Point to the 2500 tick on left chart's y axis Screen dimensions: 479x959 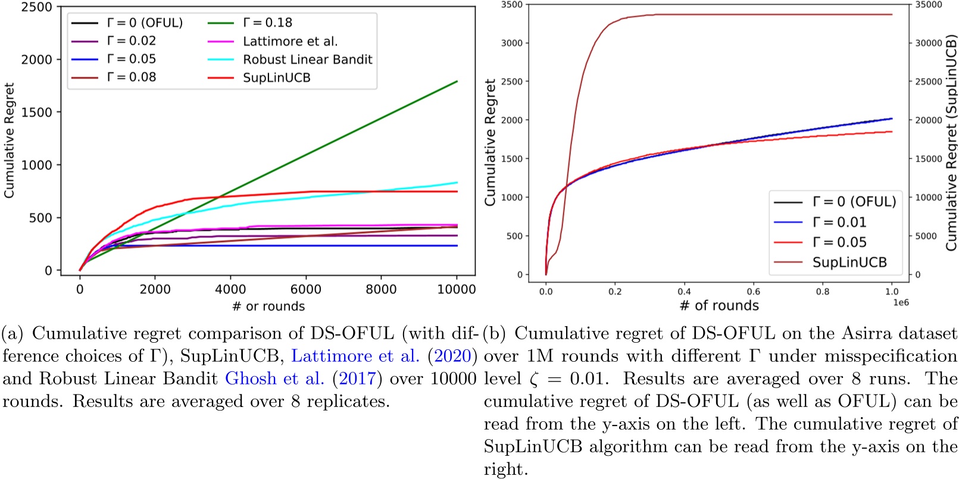pos(37,7)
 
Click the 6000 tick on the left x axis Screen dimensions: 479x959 pos(305,289)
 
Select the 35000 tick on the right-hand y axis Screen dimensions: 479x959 pos(928,5)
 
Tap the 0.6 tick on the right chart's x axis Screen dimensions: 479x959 pos(753,292)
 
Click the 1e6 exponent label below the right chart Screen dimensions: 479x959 pos(901,302)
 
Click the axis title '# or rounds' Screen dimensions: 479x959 pos(268,306)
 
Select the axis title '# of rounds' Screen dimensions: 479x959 pos(719,305)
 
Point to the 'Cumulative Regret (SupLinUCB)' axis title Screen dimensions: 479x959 pos(951,143)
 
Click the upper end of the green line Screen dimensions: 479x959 pos(457,82)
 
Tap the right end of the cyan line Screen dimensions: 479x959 pos(457,183)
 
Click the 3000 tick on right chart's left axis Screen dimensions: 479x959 pos(511,43)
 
